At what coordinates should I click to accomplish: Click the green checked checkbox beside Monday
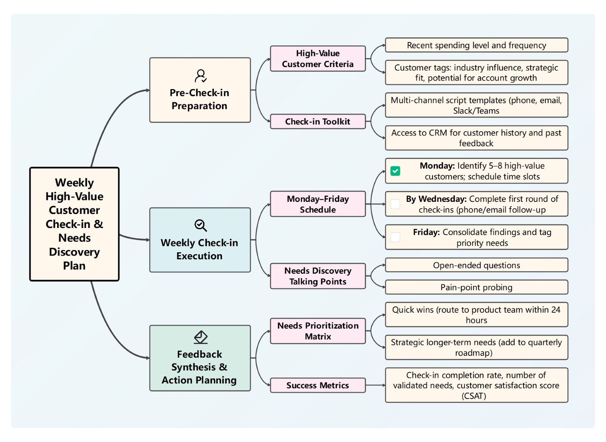point(395,171)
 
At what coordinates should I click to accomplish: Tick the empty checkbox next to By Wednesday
point(395,204)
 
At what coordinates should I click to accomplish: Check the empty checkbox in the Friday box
point(395,237)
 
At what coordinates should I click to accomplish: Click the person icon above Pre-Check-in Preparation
point(200,76)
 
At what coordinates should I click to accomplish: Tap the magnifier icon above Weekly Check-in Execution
point(200,225)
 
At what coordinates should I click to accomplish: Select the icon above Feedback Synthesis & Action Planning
point(200,337)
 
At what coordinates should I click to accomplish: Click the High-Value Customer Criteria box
point(318,59)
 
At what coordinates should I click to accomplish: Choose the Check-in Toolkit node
point(318,122)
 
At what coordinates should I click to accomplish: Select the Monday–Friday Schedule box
point(318,204)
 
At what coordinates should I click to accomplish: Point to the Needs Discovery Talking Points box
point(318,276)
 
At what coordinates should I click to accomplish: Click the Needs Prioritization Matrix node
point(318,331)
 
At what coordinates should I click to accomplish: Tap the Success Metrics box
point(318,385)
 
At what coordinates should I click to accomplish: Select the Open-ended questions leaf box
point(476,265)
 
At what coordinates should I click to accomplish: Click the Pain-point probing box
point(476,287)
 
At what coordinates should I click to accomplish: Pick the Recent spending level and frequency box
point(476,45)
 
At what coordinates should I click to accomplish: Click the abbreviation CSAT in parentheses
point(474,396)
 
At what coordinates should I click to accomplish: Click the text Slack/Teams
point(476,111)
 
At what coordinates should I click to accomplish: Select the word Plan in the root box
point(74,266)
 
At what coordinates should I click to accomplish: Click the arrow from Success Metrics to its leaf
point(375,385)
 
